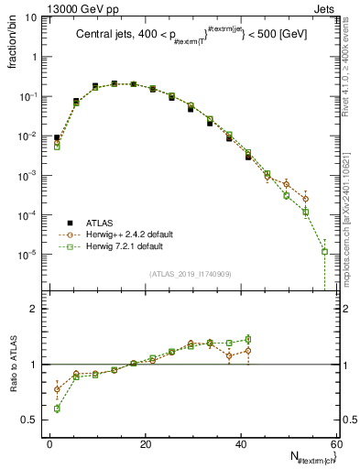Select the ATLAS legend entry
tap(98, 223)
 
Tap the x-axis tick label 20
tap(146, 444)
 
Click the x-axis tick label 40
tap(241, 444)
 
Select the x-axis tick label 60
tap(335, 444)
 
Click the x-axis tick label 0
tap(50, 444)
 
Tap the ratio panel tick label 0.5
tap(28, 420)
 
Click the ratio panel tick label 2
tap(33, 309)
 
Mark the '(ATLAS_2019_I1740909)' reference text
tap(190, 274)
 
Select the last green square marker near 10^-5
tap(324, 251)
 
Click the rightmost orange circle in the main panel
tap(305, 198)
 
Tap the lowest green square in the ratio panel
tap(57, 409)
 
